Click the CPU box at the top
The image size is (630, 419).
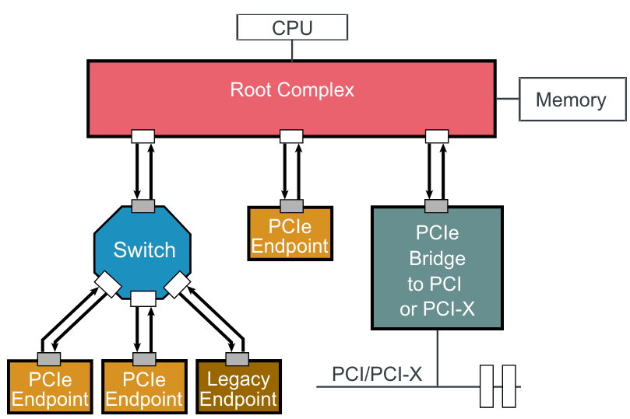point(292,28)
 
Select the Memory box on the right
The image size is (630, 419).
point(571,100)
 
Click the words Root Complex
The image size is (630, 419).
point(292,90)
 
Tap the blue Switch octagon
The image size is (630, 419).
point(144,250)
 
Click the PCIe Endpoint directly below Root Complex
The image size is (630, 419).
point(290,236)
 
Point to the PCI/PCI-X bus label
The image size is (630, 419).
point(377,374)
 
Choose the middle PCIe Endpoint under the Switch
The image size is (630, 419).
point(144,389)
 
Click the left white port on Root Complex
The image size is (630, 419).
point(143,137)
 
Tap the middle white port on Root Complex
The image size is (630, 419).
point(291,137)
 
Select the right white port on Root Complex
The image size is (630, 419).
point(438,137)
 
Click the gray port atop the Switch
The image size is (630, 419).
point(143,206)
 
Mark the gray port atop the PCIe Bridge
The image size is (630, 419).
point(436,206)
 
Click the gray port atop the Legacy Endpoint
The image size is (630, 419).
point(237,359)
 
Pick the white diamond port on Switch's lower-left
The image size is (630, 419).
point(106,285)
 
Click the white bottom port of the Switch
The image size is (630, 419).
point(143,299)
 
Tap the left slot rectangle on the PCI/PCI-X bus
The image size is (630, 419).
point(487,386)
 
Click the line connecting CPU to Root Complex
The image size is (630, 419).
point(292,51)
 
